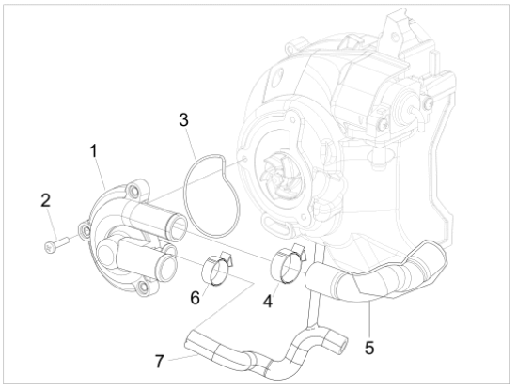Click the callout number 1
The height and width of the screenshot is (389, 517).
pos(94,151)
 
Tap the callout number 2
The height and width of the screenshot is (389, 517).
pos(45,200)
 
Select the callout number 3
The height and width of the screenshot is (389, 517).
pos(183,119)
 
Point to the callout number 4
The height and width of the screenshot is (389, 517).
pos(268,301)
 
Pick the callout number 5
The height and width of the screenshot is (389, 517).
pos(369,348)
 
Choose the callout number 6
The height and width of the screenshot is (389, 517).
pos(196,298)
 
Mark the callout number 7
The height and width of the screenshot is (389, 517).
pos(160,361)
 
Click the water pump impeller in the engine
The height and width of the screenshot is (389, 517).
pos(277,175)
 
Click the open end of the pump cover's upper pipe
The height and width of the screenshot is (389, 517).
pos(177,227)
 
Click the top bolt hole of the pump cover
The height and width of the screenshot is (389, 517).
pos(133,190)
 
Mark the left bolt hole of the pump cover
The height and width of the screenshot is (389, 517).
pos(86,230)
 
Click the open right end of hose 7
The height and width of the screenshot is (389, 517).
pos(343,345)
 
